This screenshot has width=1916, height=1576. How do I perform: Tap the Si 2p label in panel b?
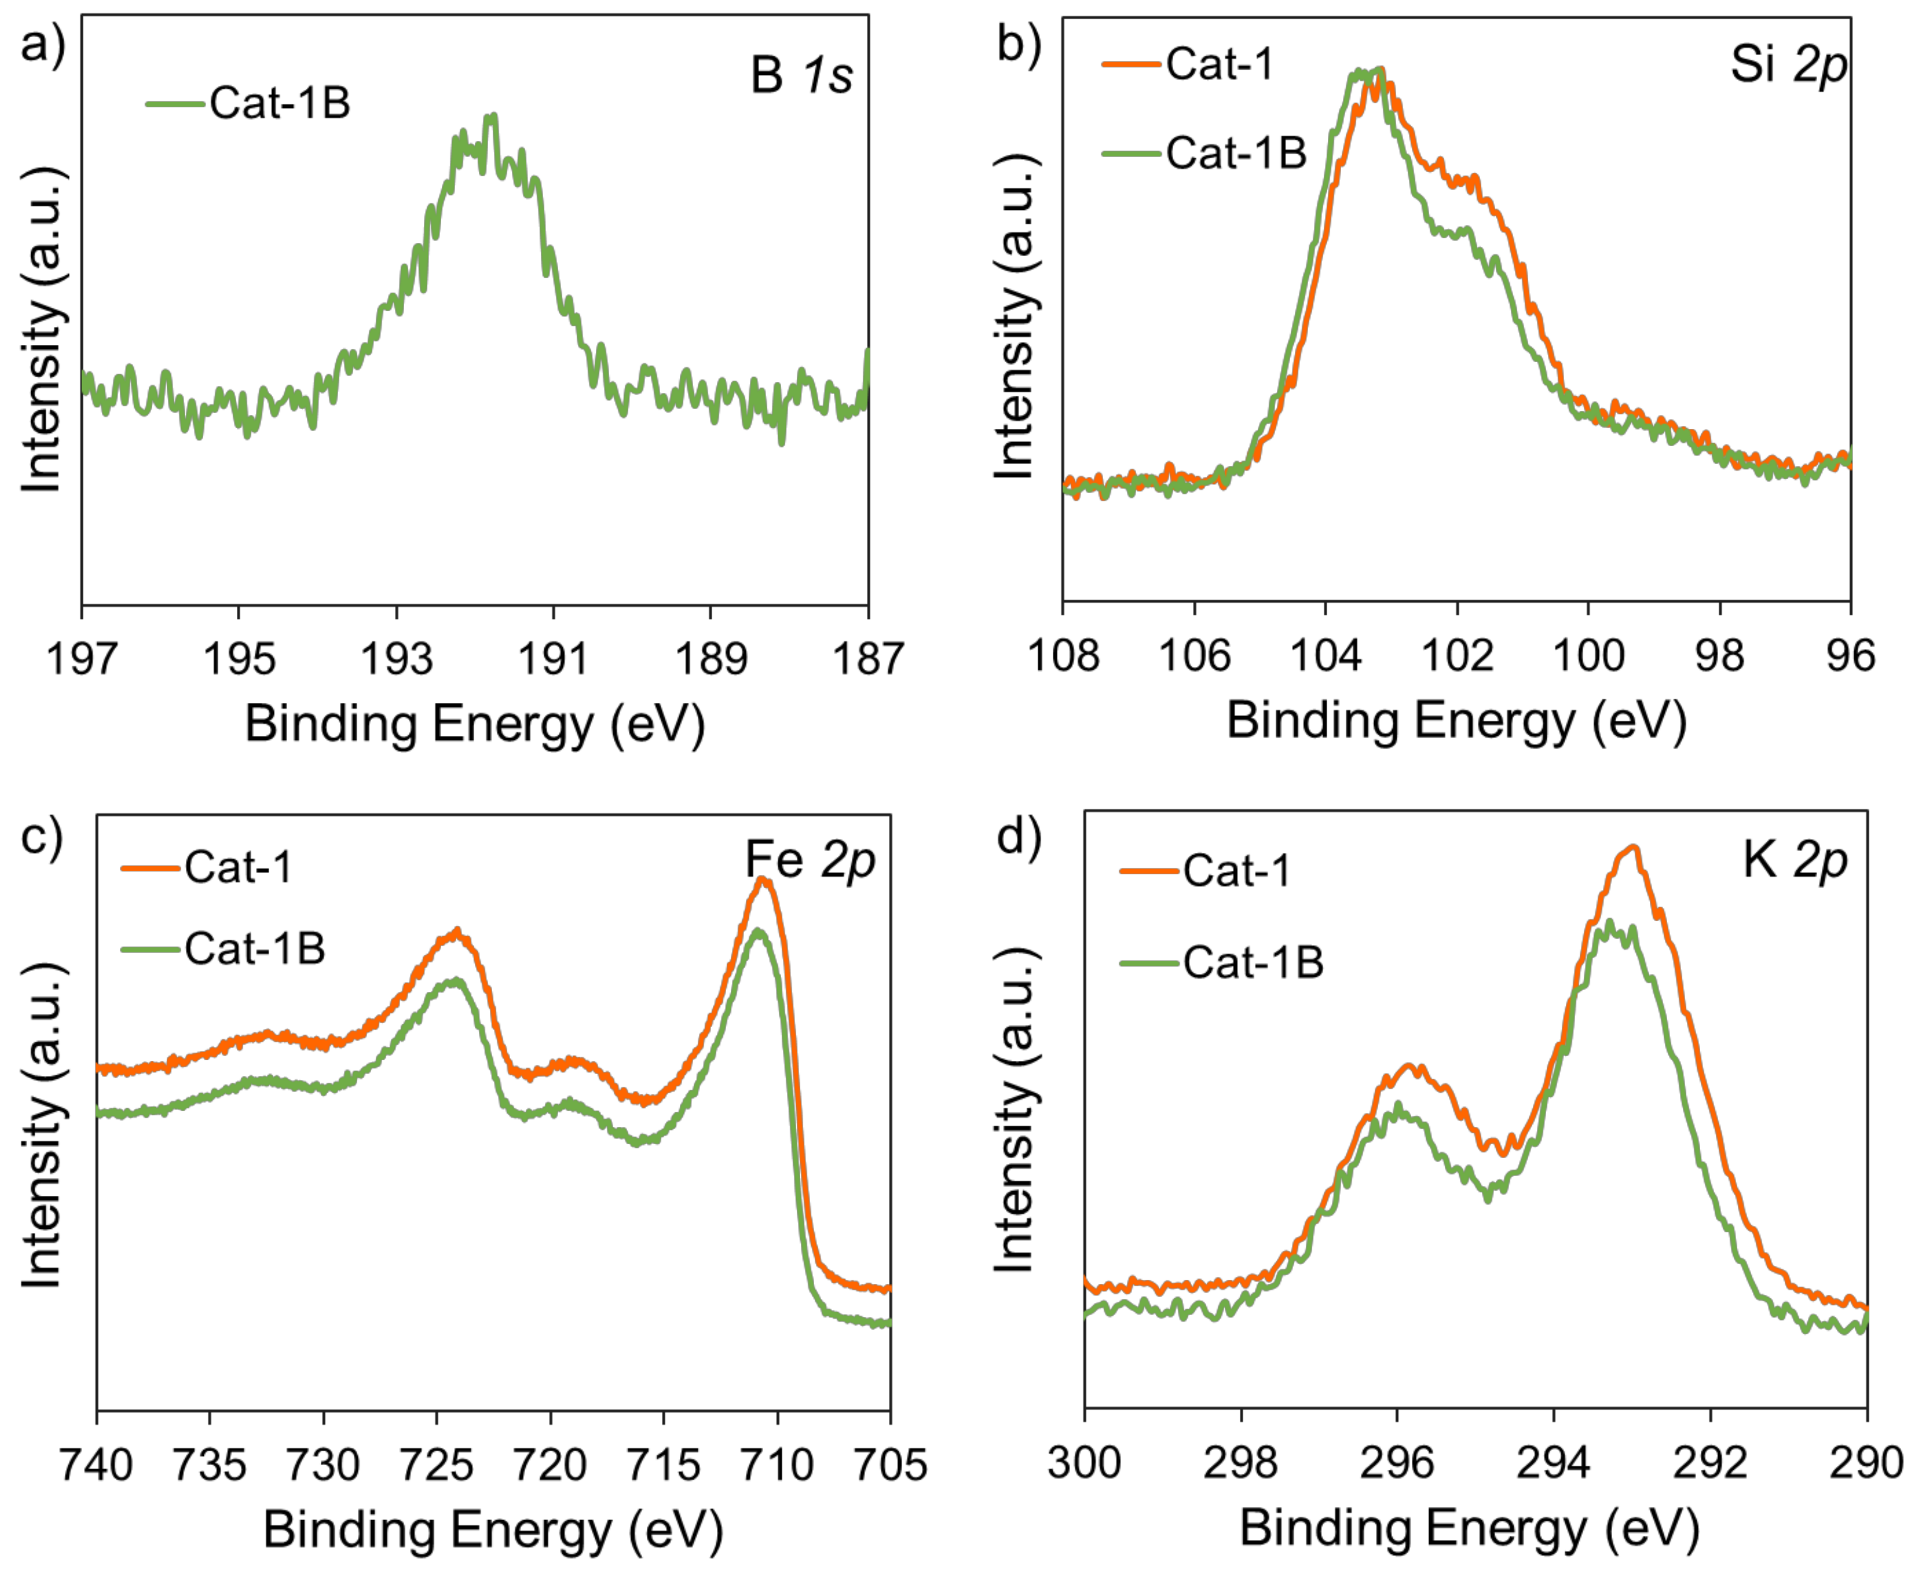[x=1787, y=65]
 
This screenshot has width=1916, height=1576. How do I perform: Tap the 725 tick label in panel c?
[x=436, y=1464]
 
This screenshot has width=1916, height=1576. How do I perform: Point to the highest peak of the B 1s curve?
[x=491, y=116]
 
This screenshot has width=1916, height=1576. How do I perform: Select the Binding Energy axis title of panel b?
[x=1456, y=721]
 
